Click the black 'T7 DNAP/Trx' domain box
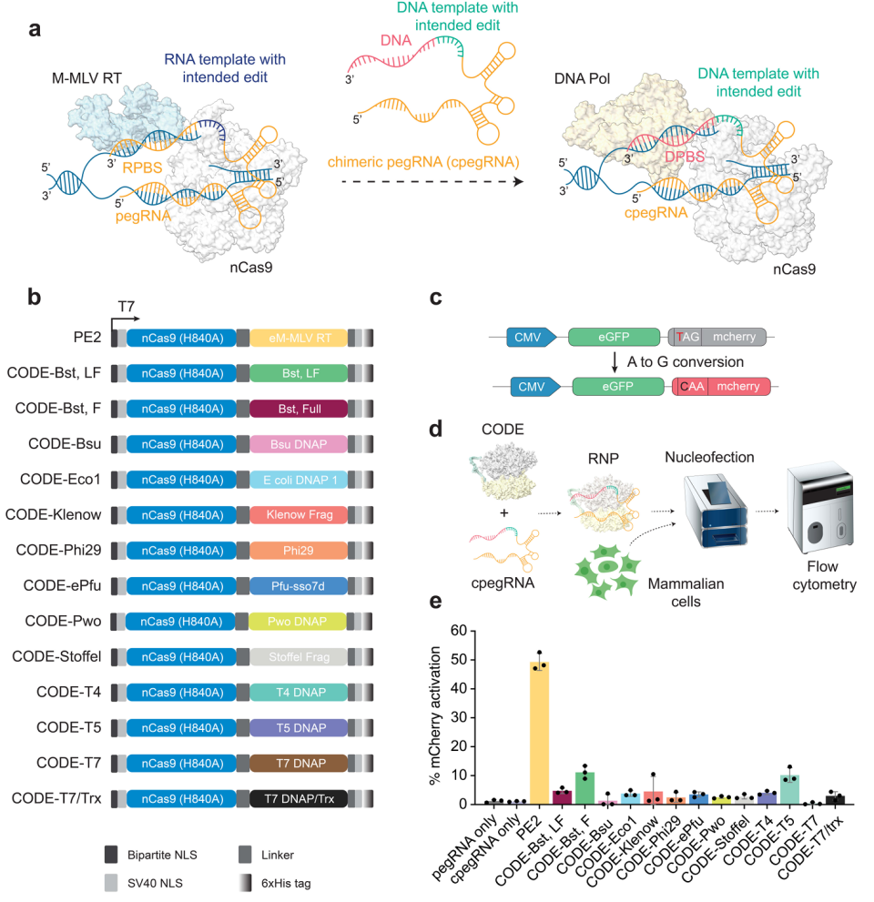(x=298, y=797)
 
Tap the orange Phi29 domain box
(x=298, y=549)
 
